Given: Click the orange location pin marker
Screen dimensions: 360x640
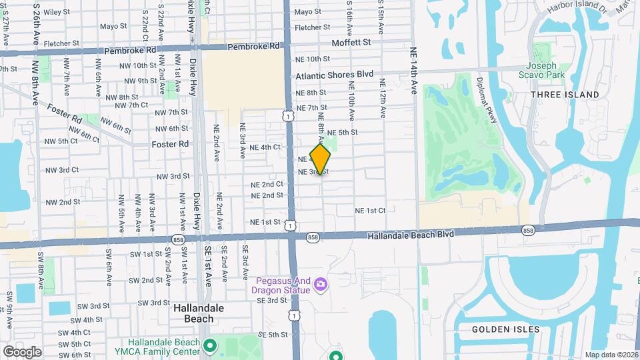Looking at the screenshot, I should (321, 159).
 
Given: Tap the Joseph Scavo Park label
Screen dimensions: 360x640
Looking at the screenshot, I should (545, 71).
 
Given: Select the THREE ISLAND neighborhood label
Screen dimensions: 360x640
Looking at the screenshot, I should (565, 95).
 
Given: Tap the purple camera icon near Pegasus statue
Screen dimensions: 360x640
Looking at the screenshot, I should (321, 285).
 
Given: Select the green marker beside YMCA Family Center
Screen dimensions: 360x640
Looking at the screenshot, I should (211, 345).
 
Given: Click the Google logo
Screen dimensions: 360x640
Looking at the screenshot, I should (22, 351).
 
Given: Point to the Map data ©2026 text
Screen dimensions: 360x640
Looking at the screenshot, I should (611, 355).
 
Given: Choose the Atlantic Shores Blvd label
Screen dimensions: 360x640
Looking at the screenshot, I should (335, 76).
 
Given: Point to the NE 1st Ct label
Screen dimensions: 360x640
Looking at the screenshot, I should (370, 210).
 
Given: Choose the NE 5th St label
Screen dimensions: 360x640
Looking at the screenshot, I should (342, 133).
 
